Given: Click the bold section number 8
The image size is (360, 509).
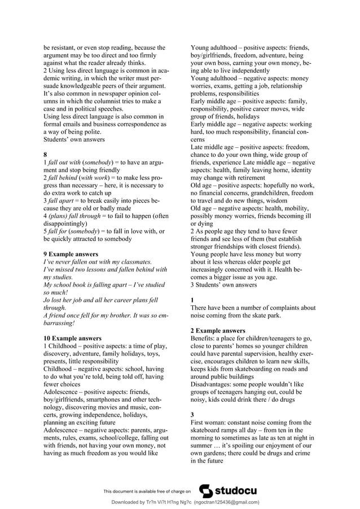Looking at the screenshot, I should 46,155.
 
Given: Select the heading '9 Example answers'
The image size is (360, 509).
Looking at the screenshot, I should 71,254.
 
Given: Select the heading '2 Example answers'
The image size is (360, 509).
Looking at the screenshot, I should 218,330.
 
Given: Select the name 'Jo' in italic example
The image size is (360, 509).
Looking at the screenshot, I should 47,300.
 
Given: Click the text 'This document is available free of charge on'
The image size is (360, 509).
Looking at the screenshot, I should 147,492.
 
